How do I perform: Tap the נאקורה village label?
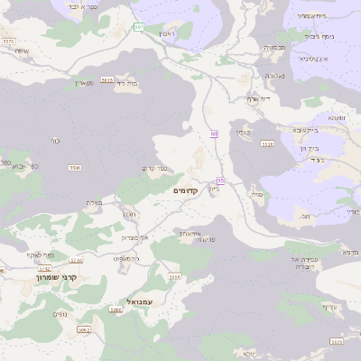coord(275,76)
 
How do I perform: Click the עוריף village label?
coord(329,307)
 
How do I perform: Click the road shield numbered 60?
coord(214,134)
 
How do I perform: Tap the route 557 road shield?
coord(138,27)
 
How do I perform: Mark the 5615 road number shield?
coord(107,80)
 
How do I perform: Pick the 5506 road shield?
coord(75,168)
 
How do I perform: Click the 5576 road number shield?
coord(9,41)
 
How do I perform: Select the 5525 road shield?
coord(266,143)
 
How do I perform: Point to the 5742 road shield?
coord(76,260)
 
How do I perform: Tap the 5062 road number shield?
coord(84,329)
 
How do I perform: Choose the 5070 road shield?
coord(175,277)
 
